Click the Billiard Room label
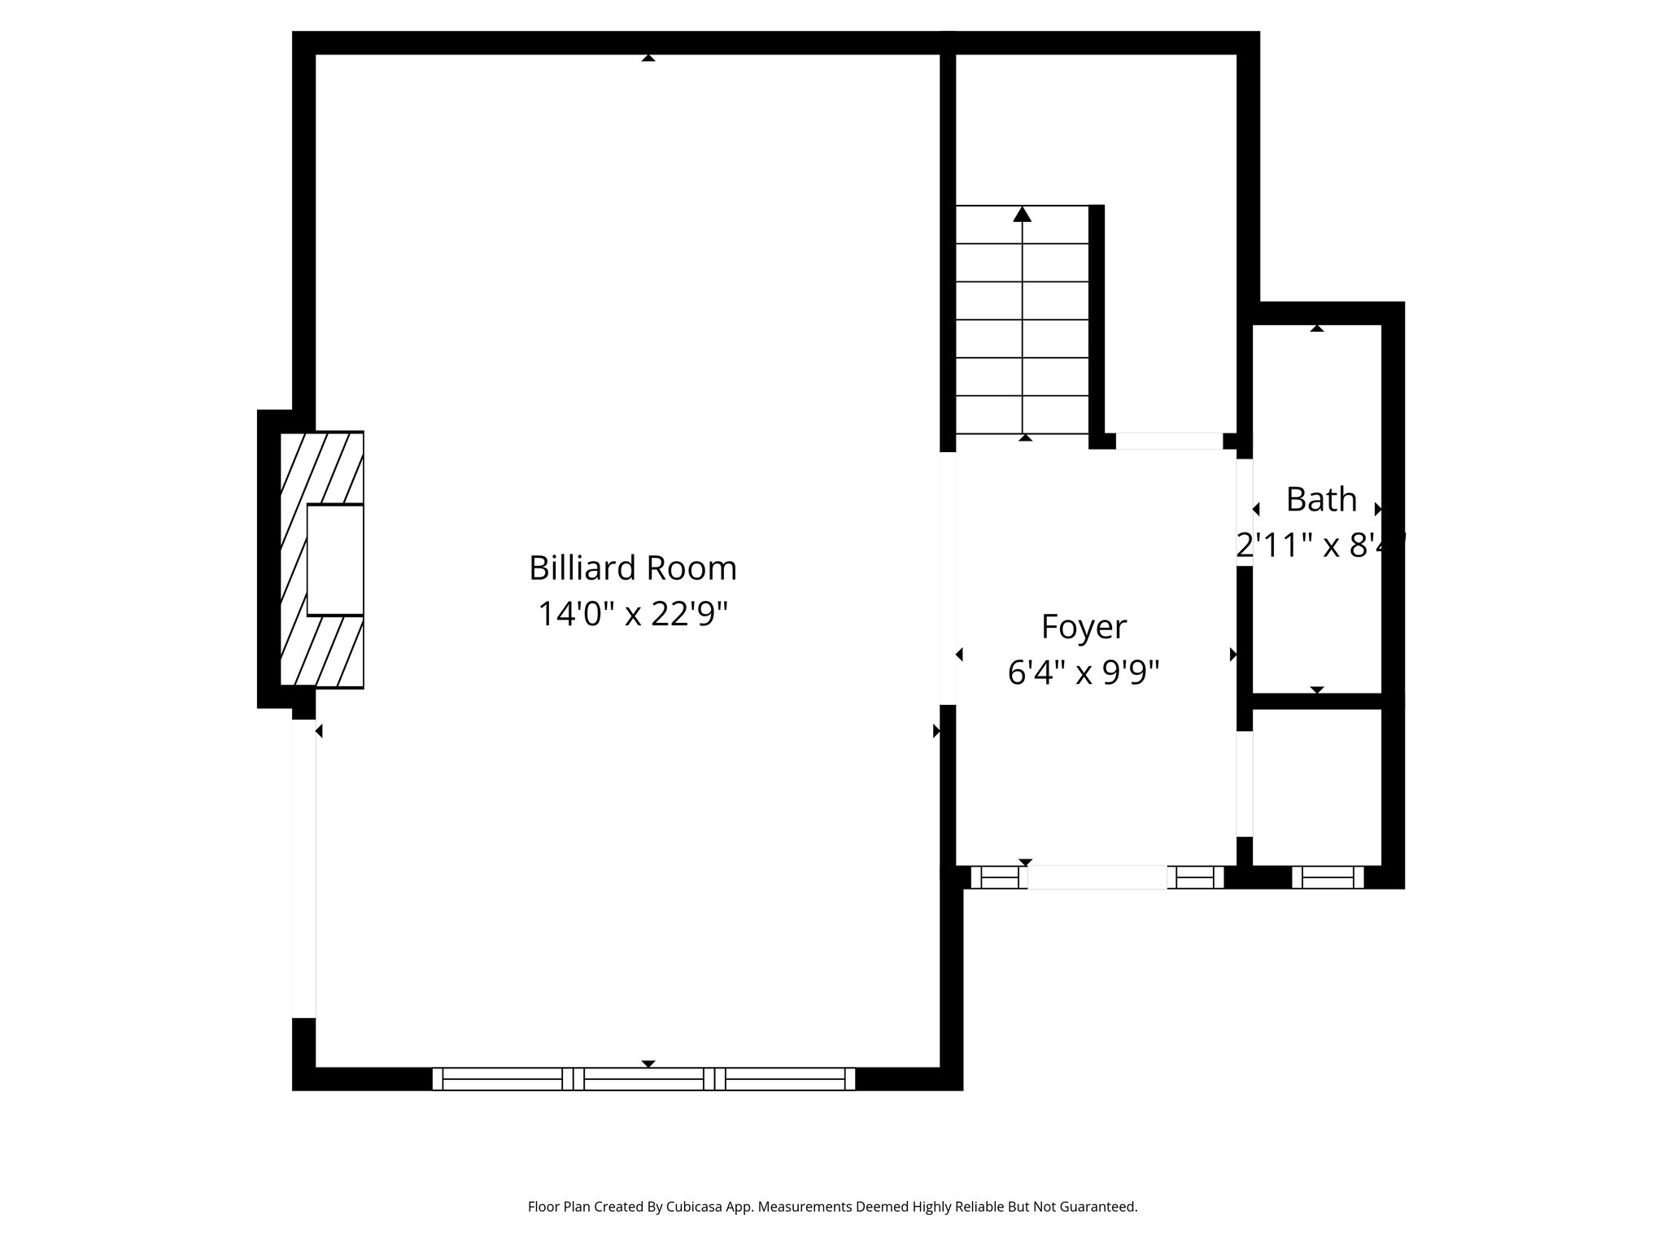[632, 568]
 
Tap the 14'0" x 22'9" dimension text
[632, 614]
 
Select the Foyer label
[1084, 627]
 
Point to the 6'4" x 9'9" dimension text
[1084, 672]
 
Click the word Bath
[1321, 499]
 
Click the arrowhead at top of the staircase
[1023, 215]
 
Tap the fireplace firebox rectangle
[335, 559]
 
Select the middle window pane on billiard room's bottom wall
[643, 1079]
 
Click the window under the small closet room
[1328, 877]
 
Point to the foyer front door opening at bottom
[1097, 877]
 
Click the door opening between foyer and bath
[1245, 512]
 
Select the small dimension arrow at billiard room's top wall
[648, 58]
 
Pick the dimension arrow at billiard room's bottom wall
[648, 1064]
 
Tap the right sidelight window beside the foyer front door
[1195, 877]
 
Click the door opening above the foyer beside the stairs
[1169, 441]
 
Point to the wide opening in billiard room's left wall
[303, 868]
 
